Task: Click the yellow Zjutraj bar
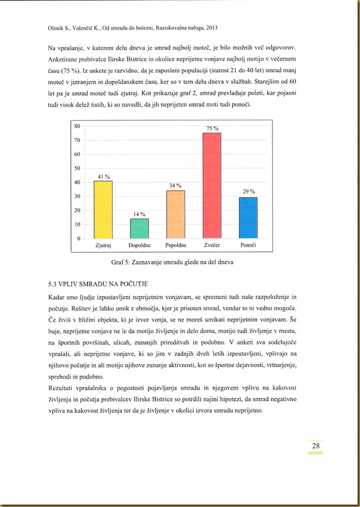pos(103,210)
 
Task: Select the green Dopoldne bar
pos(139,229)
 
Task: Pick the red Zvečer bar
pos(212,186)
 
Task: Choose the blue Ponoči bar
pos(248,218)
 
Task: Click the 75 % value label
pos(212,128)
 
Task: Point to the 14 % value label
pos(139,214)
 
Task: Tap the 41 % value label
pos(104,176)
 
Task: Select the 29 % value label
pos(249,192)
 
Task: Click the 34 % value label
pos(175,186)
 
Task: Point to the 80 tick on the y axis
pos(77,126)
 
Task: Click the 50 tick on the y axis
pos(77,169)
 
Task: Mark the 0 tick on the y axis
pos(79,239)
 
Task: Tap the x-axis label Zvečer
pos(212,245)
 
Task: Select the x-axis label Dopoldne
pos(139,245)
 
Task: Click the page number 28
pos(316,446)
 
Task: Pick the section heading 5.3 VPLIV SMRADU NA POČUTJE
pos(97,283)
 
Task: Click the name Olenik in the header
pos(57,27)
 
